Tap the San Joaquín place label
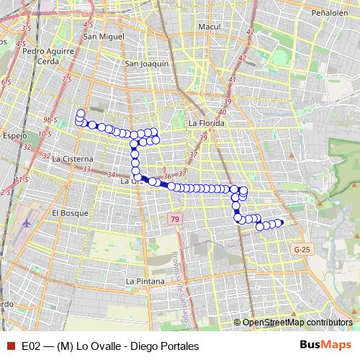point(147,63)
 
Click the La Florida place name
point(206,123)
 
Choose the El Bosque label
point(69,213)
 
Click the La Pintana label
point(145,281)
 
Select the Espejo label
point(13,135)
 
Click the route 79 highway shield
point(176,218)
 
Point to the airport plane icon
point(27,222)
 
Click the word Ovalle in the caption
point(102,346)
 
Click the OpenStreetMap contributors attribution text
point(297,323)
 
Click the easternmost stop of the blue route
point(280,222)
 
